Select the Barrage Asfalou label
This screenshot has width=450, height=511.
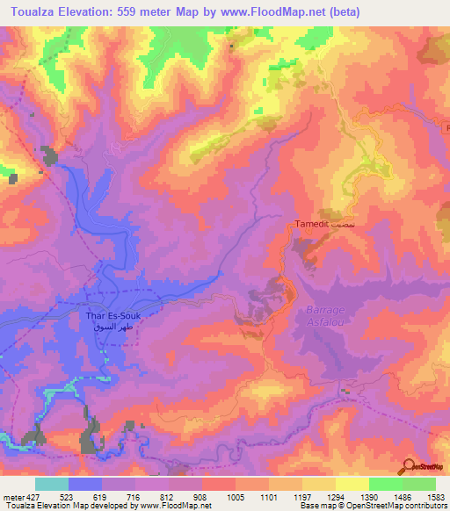click(x=325, y=317)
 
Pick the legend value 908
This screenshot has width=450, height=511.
click(x=200, y=497)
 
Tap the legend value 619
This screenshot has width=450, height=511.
click(x=99, y=497)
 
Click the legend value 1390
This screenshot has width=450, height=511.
click(x=367, y=497)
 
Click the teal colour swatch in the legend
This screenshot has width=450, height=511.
click(x=52, y=484)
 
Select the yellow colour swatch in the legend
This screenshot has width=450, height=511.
click(x=352, y=484)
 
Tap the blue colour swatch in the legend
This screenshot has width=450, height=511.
click(x=85, y=484)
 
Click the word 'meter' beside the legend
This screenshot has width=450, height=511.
click(x=12, y=497)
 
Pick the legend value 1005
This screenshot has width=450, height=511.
click(x=234, y=497)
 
